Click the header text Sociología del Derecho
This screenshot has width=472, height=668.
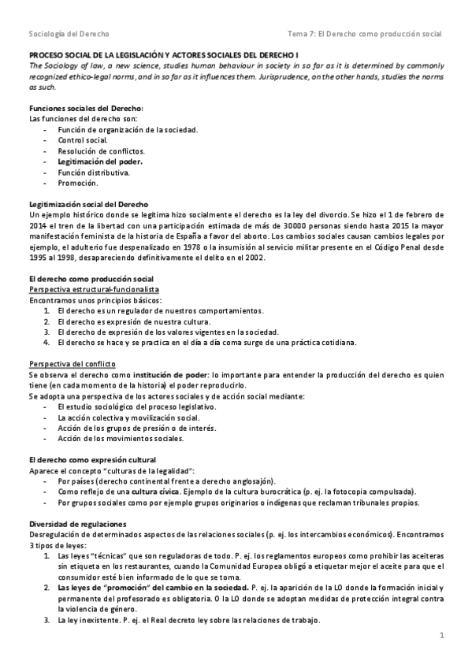pos(69,34)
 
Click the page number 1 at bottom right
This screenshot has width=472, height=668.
pos(442,634)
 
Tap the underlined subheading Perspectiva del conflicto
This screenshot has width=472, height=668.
pos(72,364)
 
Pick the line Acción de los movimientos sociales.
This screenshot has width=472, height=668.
pos(121,438)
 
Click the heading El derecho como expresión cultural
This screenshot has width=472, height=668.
pos(92,459)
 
